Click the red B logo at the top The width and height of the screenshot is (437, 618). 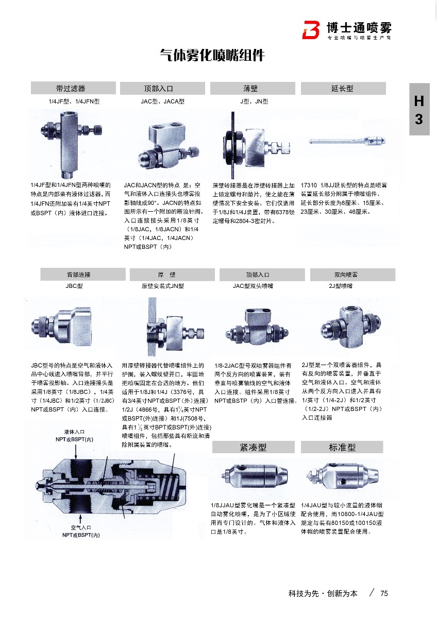[x=312, y=30]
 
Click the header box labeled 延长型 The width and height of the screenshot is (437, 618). [x=343, y=89]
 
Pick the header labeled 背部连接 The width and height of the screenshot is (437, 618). [x=82, y=274]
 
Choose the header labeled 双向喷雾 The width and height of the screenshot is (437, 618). [x=352, y=274]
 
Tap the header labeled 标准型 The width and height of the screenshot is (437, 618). [x=342, y=447]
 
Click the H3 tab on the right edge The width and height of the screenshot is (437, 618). [x=419, y=110]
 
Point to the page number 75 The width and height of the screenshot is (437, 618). [x=384, y=593]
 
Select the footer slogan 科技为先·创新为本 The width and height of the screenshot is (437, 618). [x=323, y=593]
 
